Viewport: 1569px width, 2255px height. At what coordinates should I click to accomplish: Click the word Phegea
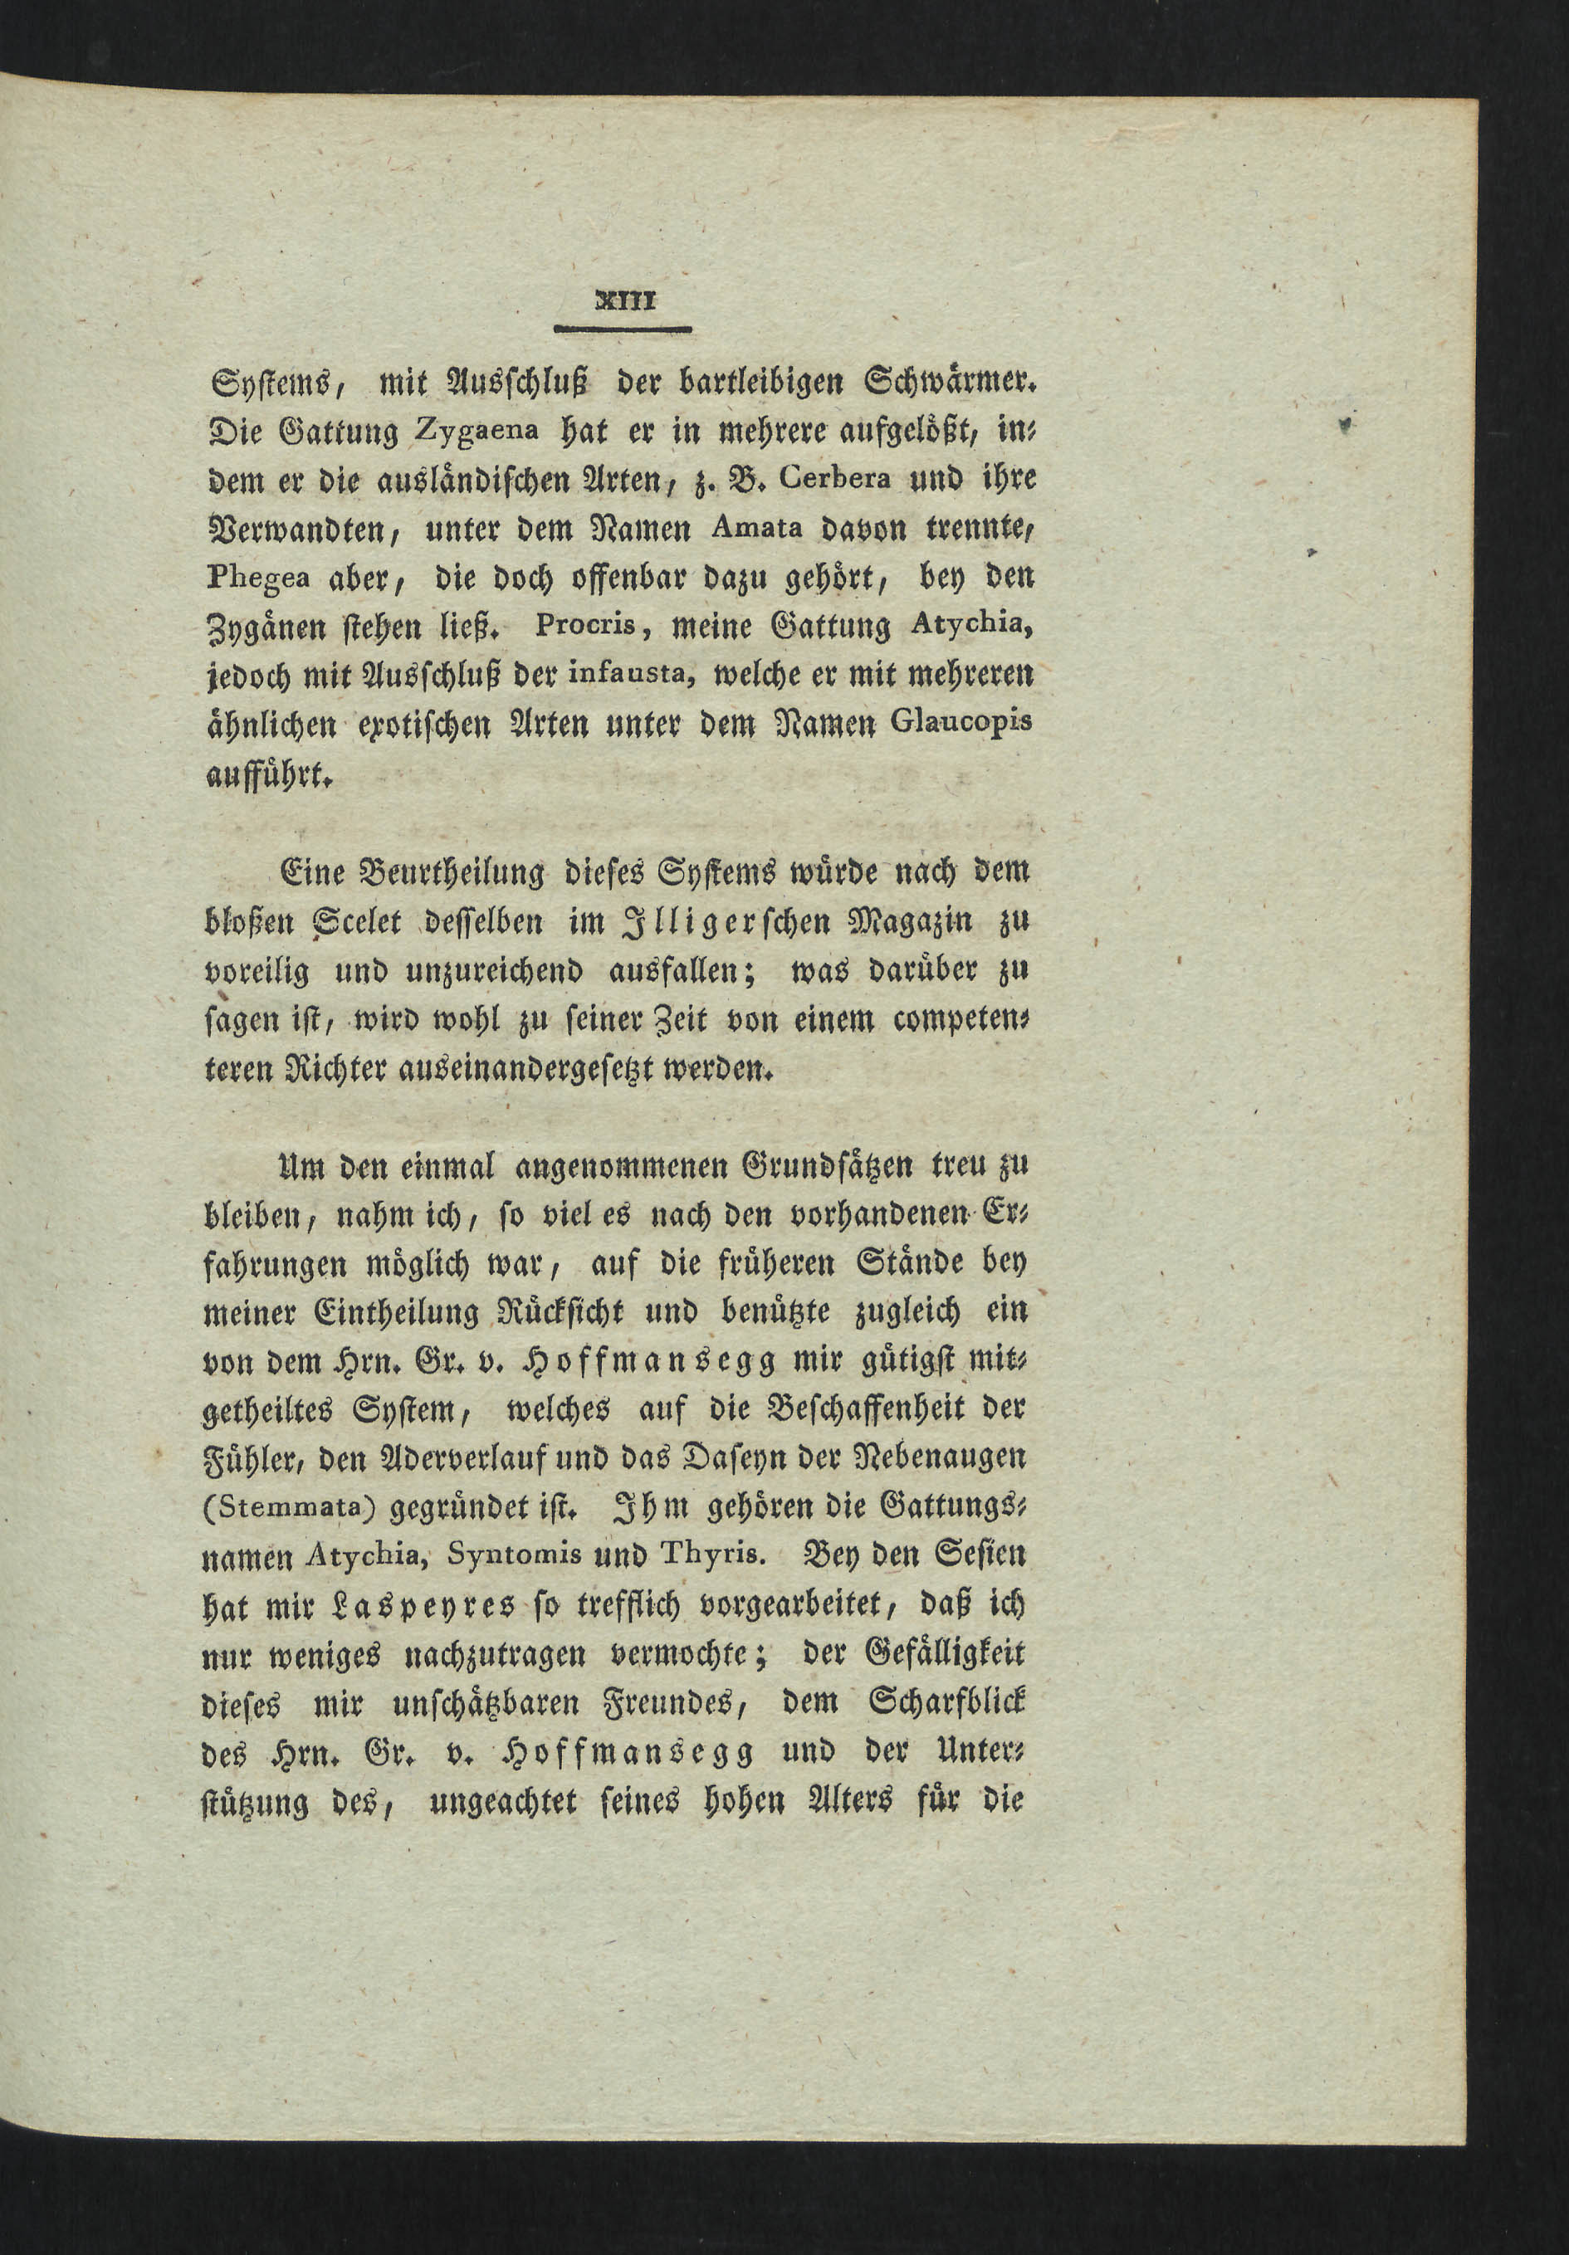(x=257, y=578)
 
